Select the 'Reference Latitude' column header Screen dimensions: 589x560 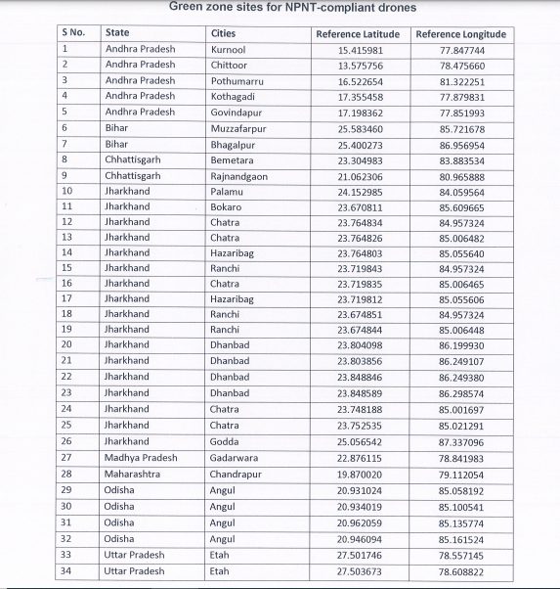pos(358,33)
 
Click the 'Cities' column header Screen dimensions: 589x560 pos(223,33)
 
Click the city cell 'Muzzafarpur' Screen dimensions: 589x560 pos(237,127)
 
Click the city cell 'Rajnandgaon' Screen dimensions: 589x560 pos(238,175)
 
